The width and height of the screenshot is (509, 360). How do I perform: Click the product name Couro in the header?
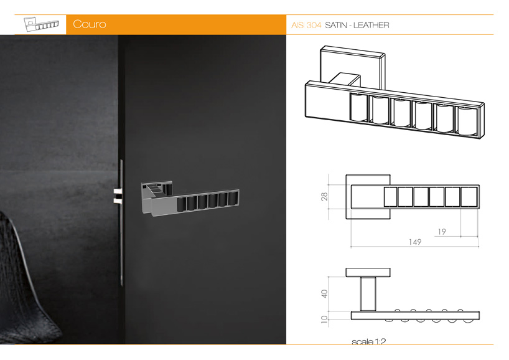(89, 24)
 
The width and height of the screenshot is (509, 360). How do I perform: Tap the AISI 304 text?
(306, 25)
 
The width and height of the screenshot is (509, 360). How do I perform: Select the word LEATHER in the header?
(371, 25)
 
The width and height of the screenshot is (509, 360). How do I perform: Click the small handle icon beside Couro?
(41, 24)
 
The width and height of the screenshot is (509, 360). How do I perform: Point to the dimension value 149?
(415, 242)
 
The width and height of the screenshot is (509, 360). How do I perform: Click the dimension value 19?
(441, 232)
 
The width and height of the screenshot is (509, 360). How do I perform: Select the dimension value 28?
(324, 197)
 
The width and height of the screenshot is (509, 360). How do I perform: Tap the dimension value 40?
(324, 294)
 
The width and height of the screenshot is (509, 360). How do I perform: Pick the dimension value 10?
(324, 319)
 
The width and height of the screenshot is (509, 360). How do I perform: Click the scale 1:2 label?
(369, 341)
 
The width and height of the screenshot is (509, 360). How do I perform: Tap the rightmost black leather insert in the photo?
(233, 199)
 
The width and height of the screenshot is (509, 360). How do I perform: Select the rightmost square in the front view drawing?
(469, 197)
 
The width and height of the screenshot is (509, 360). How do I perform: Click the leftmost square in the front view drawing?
(391, 197)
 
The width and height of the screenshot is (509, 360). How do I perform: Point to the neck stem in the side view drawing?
(368, 294)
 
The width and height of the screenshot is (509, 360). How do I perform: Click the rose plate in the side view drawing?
(368, 272)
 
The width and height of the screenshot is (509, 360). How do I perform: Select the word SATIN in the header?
(336, 25)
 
